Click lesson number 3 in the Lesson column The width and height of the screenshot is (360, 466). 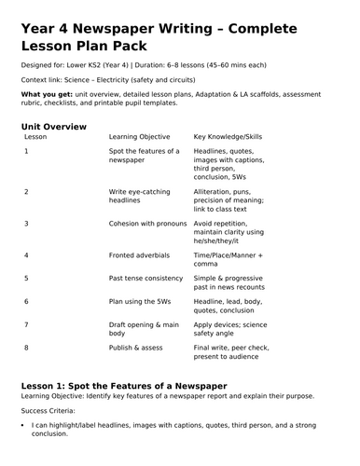pyautogui.click(x=26, y=224)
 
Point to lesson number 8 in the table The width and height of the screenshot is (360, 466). pyautogui.click(x=26, y=347)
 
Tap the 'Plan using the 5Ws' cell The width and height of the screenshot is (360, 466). pyautogui.click(x=146, y=301)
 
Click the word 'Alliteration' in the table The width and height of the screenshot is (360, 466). pyautogui.click(x=215, y=191)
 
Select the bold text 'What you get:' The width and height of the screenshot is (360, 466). pyautogui.click(x=44, y=95)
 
